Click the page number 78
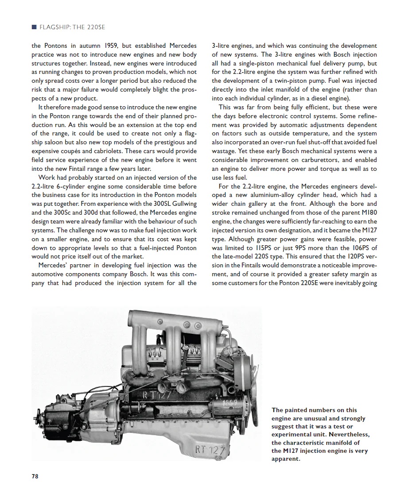pyautogui.click(x=35, y=476)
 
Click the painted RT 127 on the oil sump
pyautogui.click(x=210, y=450)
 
